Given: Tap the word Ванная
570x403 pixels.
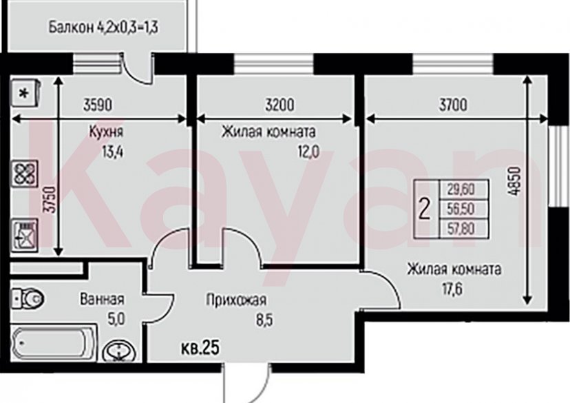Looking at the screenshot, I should click(102, 300).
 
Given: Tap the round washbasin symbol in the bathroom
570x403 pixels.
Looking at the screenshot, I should click(120, 351).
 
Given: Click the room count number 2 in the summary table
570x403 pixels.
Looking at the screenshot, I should click(425, 207).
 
